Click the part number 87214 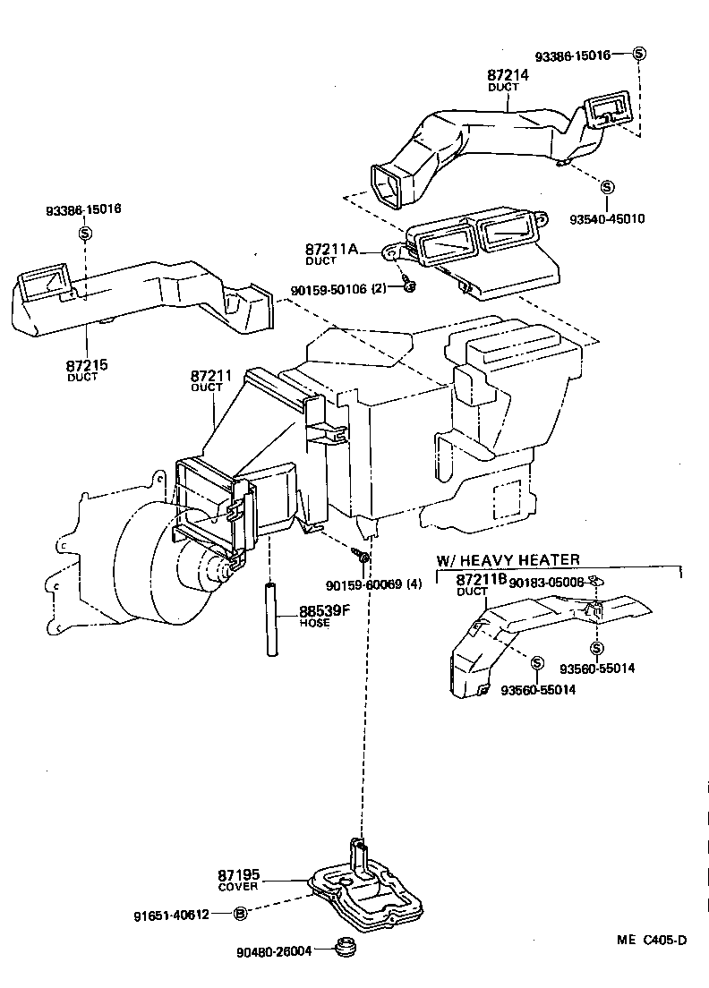508,76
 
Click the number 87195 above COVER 238,874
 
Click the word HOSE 314,624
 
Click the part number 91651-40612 172,914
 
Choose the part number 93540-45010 607,217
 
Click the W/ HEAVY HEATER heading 508,559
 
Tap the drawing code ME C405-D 651,939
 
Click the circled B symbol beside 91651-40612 240,914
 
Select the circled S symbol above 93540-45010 607,187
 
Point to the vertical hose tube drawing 269,620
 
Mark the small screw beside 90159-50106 407,285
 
